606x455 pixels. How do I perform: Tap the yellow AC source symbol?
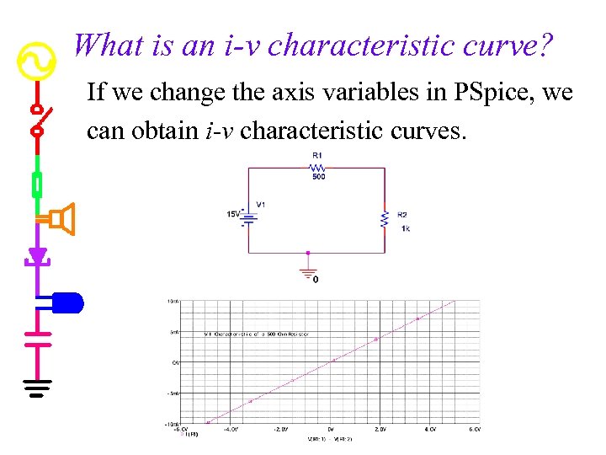(36, 60)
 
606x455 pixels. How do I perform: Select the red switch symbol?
(37, 120)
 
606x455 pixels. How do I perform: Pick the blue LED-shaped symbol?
(67, 301)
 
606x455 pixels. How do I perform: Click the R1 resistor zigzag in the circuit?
(317, 167)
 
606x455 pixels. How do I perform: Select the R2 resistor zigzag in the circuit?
(384, 218)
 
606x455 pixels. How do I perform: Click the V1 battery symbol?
(249, 218)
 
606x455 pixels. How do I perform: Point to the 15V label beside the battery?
(233, 214)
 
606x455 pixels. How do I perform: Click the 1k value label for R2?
(406, 228)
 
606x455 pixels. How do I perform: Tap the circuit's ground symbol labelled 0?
(308, 274)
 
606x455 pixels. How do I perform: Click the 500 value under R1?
(319, 177)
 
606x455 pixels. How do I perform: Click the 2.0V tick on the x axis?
(380, 429)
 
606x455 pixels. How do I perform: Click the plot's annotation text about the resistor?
(257, 334)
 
